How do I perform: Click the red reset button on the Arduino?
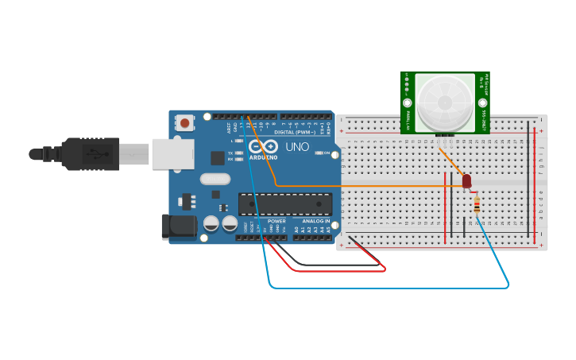(185, 122)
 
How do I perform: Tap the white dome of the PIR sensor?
(445, 101)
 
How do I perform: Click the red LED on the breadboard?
(466, 182)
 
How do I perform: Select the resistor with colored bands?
(476, 205)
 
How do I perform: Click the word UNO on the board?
(297, 147)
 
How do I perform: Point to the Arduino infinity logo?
(263, 146)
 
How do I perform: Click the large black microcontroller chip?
(285, 203)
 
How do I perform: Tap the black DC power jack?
(179, 226)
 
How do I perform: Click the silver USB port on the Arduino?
(172, 153)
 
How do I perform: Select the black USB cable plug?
(91, 153)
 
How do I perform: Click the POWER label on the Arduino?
(276, 221)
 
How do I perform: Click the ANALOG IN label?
(315, 221)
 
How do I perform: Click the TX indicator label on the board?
(230, 153)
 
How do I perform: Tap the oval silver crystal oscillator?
(215, 179)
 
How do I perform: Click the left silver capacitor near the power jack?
(211, 223)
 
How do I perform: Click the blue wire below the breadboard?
(389, 287)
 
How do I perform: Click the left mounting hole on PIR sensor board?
(408, 103)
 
